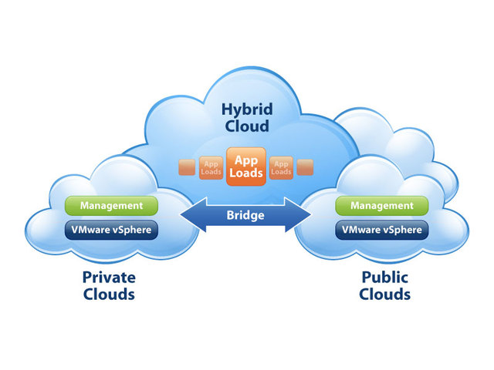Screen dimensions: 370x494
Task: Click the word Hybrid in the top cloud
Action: pos(246,110)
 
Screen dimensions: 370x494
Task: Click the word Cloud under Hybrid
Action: pos(246,127)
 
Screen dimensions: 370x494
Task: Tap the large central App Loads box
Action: pos(246,166)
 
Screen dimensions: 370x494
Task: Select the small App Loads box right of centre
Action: pos(281,167)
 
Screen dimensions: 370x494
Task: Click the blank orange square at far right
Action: pos(305,167)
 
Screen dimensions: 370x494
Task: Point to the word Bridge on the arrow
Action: pos(246,215)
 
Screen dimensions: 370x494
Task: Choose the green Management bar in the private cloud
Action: pos(112,206)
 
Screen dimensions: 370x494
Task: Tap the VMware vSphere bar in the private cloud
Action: pos(112,229)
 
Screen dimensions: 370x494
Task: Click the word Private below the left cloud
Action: pos(108,277)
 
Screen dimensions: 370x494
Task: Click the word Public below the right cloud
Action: pos(384,277)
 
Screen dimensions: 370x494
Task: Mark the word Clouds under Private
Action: pos(108,294)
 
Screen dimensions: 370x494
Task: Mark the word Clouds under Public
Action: pos(384,294)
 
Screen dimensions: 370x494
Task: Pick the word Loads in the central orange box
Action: pos(246,173)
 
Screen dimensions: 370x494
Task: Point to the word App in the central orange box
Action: pos(246,160)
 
